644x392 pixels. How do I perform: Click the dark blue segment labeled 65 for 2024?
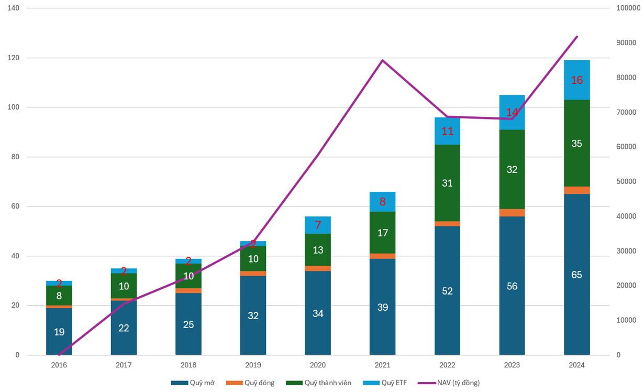576,274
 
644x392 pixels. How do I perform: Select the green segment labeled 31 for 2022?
447,183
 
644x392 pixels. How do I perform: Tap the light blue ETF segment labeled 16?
576,80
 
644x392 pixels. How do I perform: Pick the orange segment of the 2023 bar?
512,213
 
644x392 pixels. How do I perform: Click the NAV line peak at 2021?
383,60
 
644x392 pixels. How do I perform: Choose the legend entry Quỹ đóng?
251,383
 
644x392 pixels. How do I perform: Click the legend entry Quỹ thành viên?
319,383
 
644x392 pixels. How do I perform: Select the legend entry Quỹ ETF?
385,383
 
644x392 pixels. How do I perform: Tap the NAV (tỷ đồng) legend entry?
449,383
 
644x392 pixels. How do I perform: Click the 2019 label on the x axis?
253,365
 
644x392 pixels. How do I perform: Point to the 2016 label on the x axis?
59,365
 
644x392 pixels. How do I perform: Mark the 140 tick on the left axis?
13,8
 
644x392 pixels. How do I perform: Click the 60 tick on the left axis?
15,206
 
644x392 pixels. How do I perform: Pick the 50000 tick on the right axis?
627,182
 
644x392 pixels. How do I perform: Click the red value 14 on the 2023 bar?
512,112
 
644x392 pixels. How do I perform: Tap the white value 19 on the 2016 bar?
59,331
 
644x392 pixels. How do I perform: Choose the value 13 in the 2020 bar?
318,250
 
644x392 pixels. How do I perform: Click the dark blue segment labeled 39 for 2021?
383,307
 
